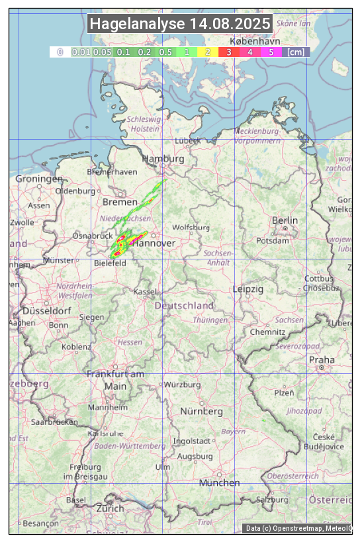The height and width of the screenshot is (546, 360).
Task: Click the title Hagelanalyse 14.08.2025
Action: click(x=180, y=24)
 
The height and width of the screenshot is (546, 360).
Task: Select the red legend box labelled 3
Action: click(x=228, y=52)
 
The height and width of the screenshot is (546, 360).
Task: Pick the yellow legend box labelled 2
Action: click(x=208, y=52)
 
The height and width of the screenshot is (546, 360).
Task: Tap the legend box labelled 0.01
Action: click(x=81, y=52)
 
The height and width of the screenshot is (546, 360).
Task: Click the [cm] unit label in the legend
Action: click(x=296, y=52)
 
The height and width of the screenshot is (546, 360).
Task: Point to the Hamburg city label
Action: click(x=163, y=159)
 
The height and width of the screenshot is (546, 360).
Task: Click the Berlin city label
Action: click(x=285, y=220)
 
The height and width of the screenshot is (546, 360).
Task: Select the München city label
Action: click(x=220, y=482)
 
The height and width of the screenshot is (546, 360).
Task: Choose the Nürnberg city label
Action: click(x=202, y=411)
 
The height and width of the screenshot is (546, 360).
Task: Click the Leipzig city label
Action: click(x=248, y=289)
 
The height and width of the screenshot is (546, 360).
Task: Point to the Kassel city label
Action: click(x=144, y=291)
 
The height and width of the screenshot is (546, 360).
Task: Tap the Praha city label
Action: click(x=322, y=359)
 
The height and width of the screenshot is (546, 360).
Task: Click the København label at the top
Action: click(x=255, y=40)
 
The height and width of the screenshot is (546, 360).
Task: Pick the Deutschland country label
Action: click(x=184, y=305)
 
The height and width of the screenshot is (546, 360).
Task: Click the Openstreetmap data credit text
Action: click(x=298, y=528)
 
